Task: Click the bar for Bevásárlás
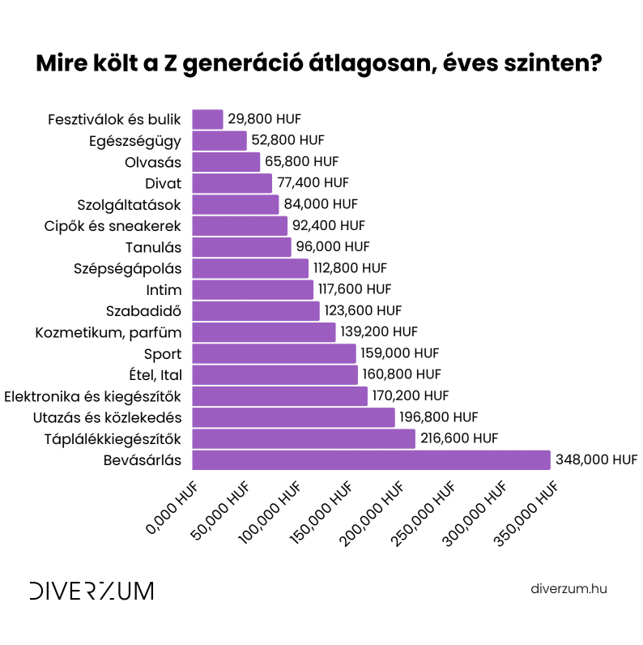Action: (371, 460)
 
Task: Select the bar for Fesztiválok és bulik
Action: (207, 120)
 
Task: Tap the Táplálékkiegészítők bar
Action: (304, 439)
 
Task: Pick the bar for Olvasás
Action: (226, 162)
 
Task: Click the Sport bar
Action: (274, 354)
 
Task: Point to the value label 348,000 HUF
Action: (596, 460)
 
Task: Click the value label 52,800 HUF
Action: (287, 141)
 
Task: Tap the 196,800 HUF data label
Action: (438, 417)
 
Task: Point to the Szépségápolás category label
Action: (128, 268)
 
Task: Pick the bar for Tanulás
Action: (241, 247)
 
